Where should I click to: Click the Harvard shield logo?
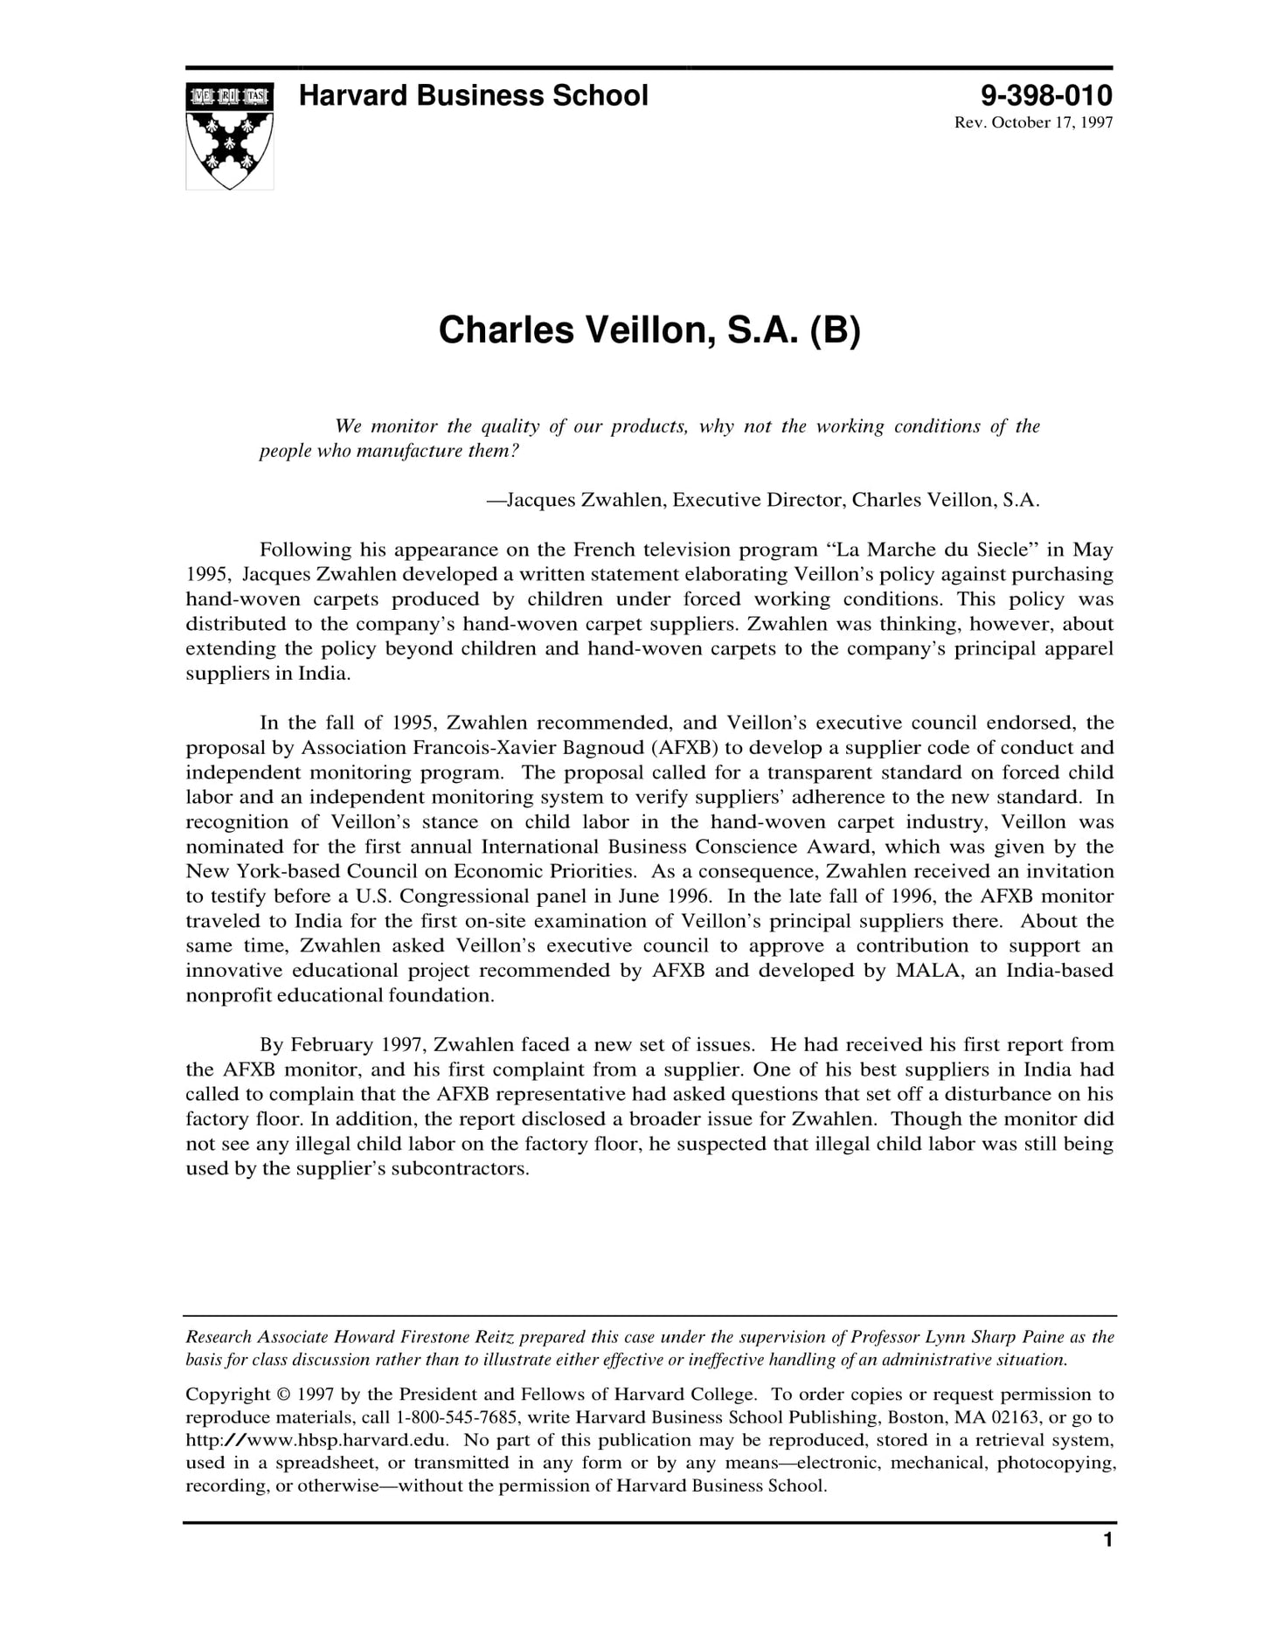click(x=229, y=135)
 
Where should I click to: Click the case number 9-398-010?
click(x=1046, y=95)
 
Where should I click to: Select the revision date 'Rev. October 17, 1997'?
click(x=1033, y=122)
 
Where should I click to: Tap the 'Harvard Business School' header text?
click(x=473, y=95)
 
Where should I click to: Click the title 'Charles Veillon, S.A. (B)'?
click(x=649, y=330)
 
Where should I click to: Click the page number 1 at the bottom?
click(x=1107, y=1564)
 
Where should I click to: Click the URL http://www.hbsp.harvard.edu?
click(x=317, y=1440)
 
